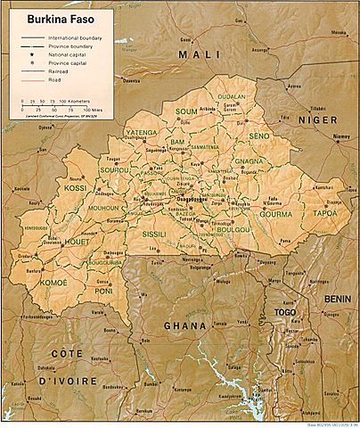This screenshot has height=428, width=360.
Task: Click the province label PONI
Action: (x=105, y=290)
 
